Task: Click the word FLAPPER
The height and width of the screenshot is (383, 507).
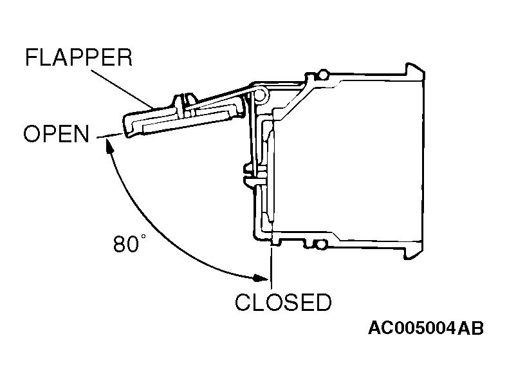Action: pos(79,57)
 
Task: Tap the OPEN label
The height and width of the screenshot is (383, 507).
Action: pos(56,134)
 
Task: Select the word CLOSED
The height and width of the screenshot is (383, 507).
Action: pos(283,303)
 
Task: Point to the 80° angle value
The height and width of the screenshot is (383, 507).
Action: pos(129,243)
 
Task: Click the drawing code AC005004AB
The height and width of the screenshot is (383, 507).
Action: pos(426,328)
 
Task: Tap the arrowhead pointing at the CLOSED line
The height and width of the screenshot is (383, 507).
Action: pos(261,277)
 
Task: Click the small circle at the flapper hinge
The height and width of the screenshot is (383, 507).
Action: pos(261,95)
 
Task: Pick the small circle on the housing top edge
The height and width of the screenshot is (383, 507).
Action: pos(322,75)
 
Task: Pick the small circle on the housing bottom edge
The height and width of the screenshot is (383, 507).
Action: pos(322,245)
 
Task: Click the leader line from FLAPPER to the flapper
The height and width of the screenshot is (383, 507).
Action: pos(122,89)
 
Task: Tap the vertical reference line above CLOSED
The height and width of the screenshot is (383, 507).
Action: pos(271,267)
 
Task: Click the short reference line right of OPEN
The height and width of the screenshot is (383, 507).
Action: pos(109,136)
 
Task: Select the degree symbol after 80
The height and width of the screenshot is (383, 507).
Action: pos(143,237)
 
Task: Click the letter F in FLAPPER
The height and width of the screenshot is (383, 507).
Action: pos(32,57)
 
